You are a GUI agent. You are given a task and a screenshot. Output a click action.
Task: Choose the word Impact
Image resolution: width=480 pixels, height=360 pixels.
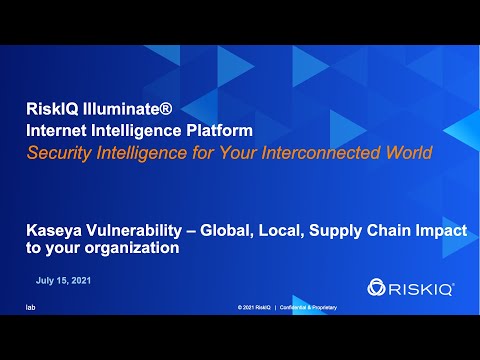tap(441, 231)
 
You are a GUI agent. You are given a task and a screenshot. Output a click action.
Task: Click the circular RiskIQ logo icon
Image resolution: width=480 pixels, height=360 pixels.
tap(377, 288)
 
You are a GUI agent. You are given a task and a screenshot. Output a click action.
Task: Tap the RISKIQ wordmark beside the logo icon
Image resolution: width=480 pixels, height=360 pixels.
tap(422, 288)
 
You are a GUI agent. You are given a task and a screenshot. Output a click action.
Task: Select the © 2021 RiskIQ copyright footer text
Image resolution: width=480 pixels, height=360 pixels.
tap(254, 307)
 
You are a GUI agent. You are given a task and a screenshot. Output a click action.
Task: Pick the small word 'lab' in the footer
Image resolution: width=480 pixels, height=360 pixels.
tap(30, 307)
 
